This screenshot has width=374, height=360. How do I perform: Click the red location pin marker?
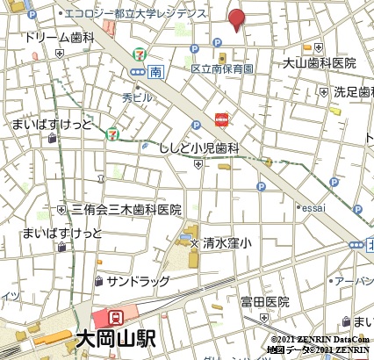237,19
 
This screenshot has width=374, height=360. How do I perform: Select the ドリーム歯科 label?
60,39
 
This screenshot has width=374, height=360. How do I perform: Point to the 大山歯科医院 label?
320,63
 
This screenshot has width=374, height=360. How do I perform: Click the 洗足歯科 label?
353,91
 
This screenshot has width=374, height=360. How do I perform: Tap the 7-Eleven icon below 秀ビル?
111,134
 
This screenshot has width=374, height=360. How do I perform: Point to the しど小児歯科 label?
199,148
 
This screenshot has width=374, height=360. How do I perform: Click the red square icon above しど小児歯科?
221,119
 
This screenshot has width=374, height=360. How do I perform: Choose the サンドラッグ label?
138,281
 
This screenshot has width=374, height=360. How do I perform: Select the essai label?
313,208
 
